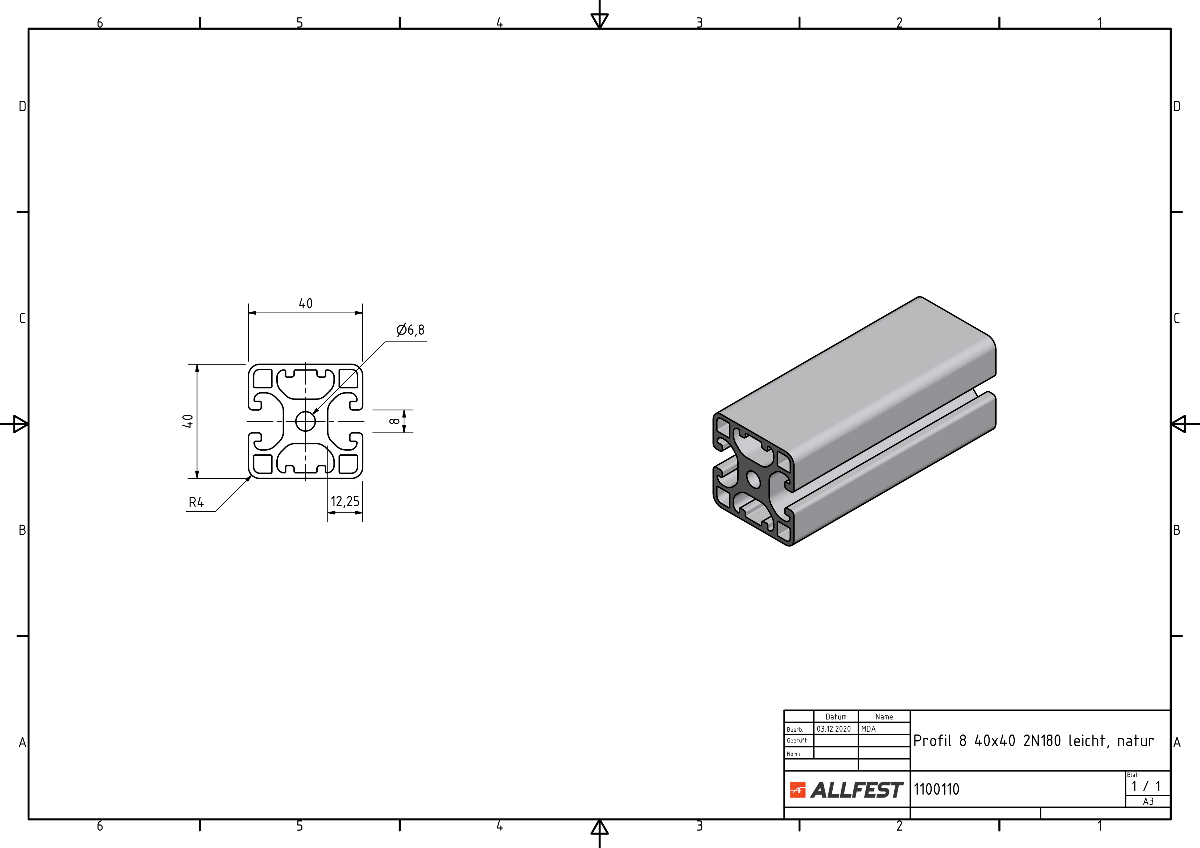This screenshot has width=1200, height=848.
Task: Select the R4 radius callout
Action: click(196, 502)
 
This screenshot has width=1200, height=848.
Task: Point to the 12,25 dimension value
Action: click(345, 502)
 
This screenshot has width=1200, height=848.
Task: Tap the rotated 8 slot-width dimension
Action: click(395, 421)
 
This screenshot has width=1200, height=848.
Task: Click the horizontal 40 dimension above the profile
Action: click(306, 303)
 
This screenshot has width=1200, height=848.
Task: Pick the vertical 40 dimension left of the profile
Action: click(187, 421)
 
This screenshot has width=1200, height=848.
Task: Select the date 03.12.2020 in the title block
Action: click(834, 729)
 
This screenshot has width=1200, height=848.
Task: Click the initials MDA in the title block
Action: click(868, 729)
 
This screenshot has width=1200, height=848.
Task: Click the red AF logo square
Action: click(797, 790)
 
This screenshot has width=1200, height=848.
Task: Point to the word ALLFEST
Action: click(857, 790)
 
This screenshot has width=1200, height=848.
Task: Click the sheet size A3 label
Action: click(1148, 802)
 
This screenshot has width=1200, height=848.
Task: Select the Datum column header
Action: click(836, 717)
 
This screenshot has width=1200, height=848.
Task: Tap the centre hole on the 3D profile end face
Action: click(754, 479)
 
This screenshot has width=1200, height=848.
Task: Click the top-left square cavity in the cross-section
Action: click(263, 378)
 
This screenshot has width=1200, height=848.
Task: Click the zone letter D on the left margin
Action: click(22, 107)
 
